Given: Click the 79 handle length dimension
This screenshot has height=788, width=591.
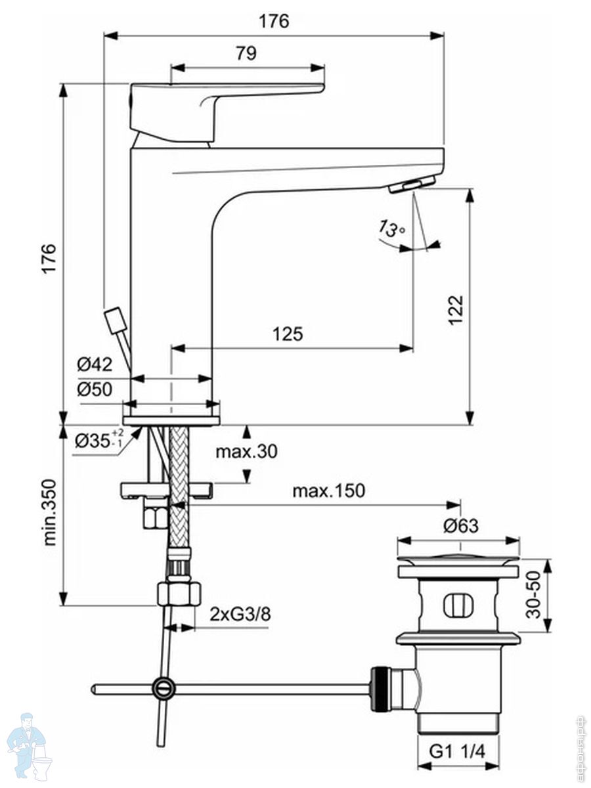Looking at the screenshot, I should point(246,53).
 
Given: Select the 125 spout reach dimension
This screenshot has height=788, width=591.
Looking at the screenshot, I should point(288,334).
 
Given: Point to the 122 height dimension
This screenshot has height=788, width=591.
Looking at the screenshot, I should point(456,309).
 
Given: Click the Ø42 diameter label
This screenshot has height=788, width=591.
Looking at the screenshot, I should point(95,364).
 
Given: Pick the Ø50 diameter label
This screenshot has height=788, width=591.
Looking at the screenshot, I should point(95,389).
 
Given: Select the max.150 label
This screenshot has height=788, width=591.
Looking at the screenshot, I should point(328,491).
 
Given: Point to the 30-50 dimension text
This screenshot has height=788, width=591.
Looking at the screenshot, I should point(535,595).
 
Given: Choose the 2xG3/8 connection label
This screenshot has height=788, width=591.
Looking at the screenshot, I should point(239,615).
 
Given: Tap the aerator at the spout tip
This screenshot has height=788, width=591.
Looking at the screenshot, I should point(411,185).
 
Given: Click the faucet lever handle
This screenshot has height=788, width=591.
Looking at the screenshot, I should point(197,105).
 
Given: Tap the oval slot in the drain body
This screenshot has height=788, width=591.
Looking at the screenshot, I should point(458,605).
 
